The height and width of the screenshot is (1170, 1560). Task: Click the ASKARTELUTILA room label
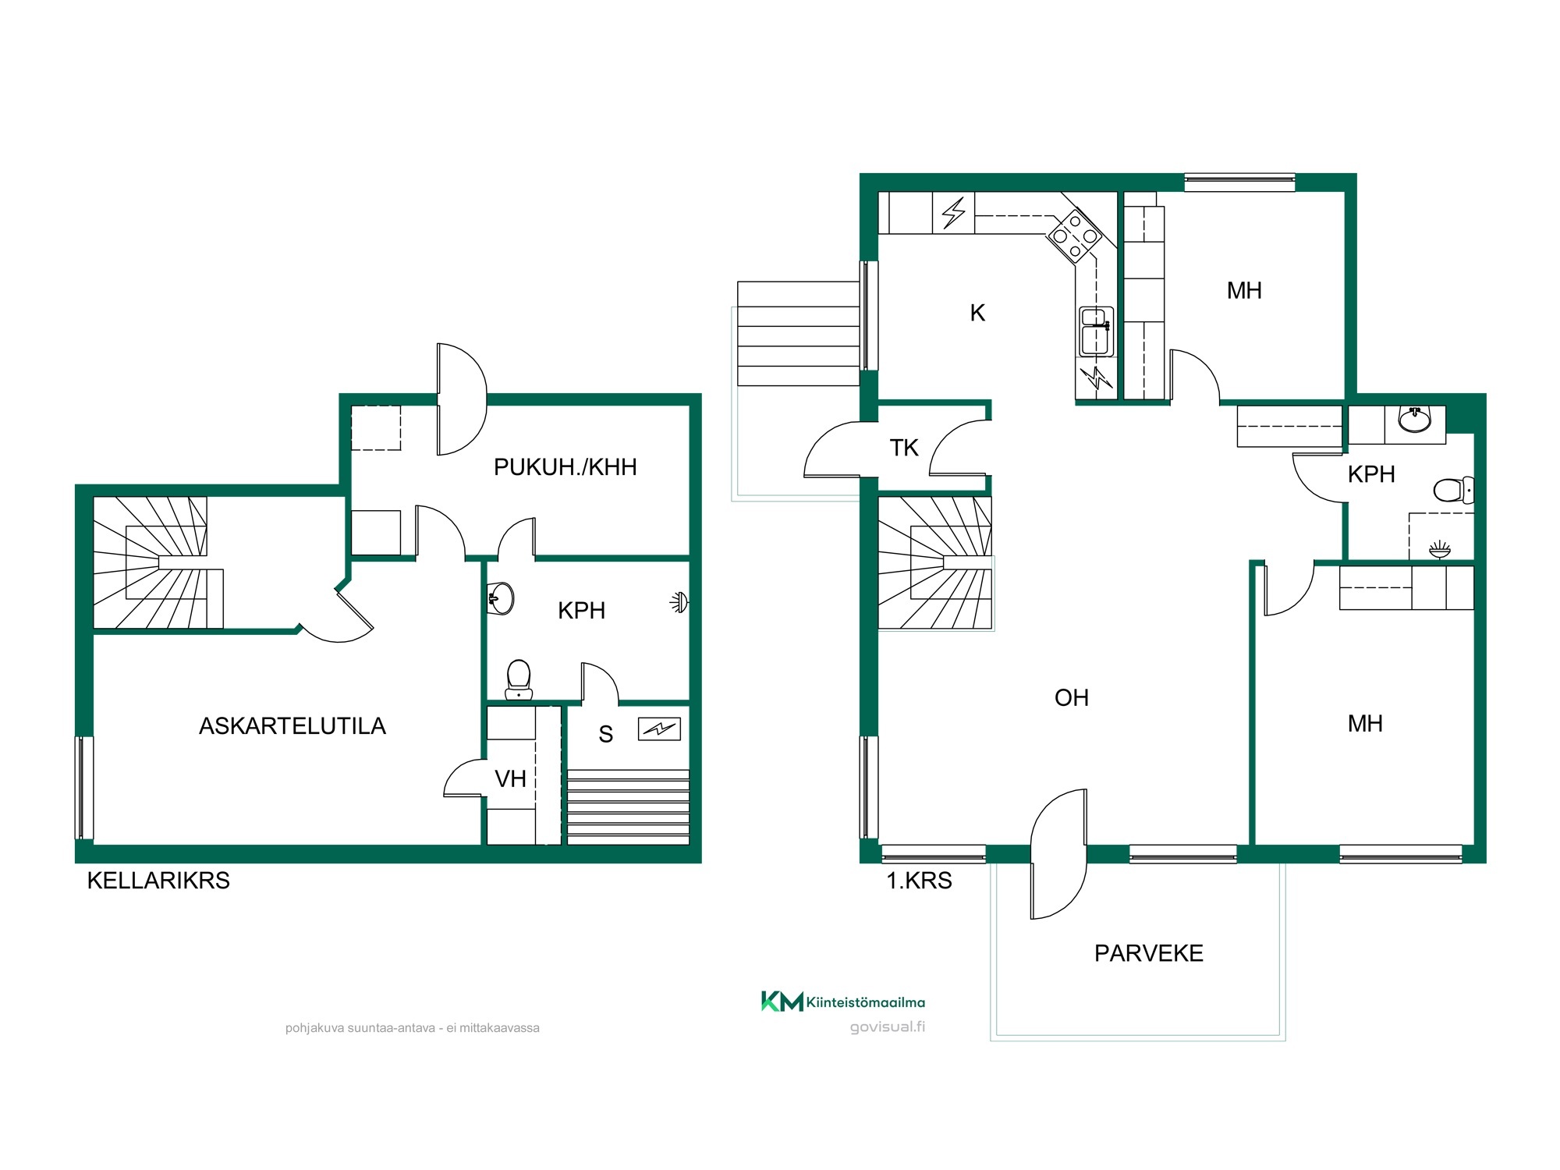(292, 726)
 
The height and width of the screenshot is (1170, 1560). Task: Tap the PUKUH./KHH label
(565, 467)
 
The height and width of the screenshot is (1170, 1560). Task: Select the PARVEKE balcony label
(1149, 953)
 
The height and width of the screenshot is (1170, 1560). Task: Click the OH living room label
(1072, 698)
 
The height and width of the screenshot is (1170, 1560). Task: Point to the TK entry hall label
(904, 448)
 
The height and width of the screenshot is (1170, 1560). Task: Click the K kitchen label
(977, 313)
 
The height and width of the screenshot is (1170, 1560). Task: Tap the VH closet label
(511, 778)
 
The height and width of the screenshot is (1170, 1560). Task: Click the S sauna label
(606, 734)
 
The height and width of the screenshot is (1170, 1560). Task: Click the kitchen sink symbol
(1096, 331)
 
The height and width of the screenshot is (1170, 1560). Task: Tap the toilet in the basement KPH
(519, 680)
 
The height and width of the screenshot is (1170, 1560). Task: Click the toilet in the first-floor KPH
(1454, 491)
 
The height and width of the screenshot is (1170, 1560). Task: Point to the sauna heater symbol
(659, 729)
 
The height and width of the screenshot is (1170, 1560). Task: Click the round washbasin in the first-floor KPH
(1415, 420)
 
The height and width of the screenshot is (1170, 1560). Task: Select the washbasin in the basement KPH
(501, 599)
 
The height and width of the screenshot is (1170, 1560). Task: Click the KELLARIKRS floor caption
(158, 881)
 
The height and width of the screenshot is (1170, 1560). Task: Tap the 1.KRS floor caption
(919, 881)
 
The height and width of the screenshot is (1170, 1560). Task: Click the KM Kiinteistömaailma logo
(843, 1002)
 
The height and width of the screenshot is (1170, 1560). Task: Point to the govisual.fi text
(888, 1027)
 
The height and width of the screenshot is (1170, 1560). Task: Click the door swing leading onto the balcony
(1058, 854)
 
